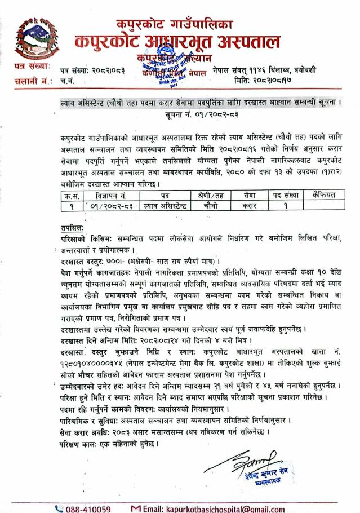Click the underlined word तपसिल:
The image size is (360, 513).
(x=73, y=227)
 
